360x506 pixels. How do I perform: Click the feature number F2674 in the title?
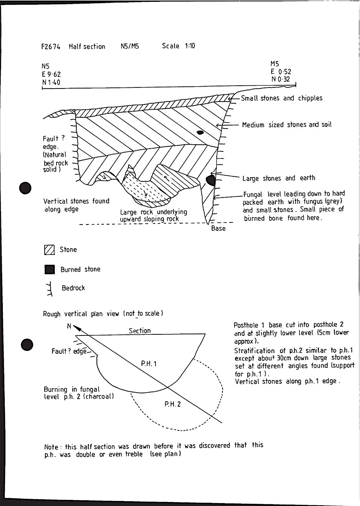pos(51,47)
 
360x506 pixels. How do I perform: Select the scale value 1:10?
pos(190,46)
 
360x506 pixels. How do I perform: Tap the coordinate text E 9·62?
pos(51,74)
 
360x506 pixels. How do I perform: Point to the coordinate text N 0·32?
pos(280,79)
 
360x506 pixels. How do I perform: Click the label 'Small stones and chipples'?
pos(282,98)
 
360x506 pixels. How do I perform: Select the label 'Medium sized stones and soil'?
pos(287,125)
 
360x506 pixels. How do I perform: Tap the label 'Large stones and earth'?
pos(279,178)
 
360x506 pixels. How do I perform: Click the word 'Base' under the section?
pos(218,229)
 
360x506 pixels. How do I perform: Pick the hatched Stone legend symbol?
pos(49,250)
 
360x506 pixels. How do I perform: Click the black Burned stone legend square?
pos(49,270)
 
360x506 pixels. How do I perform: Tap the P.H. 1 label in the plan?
pos(149,364)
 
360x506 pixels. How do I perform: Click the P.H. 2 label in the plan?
pos(173,404)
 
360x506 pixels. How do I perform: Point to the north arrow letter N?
pos(69,326)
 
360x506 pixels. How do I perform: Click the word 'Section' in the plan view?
pos(140,331)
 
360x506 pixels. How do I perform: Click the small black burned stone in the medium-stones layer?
pos(201,132)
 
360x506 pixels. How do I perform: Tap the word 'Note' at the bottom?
pos(51,447)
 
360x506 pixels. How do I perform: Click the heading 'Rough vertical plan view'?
pos(81,314)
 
